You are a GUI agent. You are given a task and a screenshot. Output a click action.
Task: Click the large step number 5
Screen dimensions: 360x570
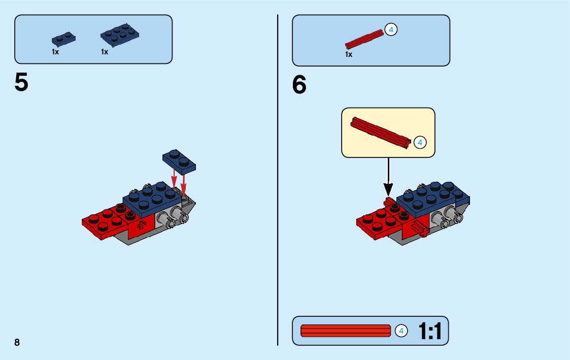[x=21, y=83]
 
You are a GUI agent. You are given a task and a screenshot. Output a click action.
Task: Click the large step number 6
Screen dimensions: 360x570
[x=299, y=85]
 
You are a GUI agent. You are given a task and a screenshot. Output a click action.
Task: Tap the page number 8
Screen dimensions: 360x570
[x=17, y=342]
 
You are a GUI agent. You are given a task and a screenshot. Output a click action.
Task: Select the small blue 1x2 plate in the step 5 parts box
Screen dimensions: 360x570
[x=63, y=39]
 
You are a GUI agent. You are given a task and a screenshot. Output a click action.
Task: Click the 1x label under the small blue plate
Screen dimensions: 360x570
[x=55, y=52]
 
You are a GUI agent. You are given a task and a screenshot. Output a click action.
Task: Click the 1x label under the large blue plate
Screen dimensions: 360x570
[x=105, y=52]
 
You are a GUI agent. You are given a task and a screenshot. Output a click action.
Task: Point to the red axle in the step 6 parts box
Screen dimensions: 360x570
[x=364, y=39]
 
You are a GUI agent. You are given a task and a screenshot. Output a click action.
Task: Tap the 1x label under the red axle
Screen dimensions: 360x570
[x=349, y=54]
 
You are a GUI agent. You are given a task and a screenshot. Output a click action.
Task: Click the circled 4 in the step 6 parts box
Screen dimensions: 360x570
[x=391, y=30]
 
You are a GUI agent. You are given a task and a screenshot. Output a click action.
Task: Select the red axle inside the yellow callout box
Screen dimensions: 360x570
[x=381, y=133]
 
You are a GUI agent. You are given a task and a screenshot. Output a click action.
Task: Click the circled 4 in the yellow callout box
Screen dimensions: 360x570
[x=420, y=143]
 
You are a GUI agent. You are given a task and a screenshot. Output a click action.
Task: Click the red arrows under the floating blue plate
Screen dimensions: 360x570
[x=179, y=181]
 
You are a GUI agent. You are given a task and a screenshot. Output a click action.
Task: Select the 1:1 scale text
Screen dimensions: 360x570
[x=430, y=332]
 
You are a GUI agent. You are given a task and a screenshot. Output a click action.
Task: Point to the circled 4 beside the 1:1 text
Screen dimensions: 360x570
[x=401, y=331]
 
